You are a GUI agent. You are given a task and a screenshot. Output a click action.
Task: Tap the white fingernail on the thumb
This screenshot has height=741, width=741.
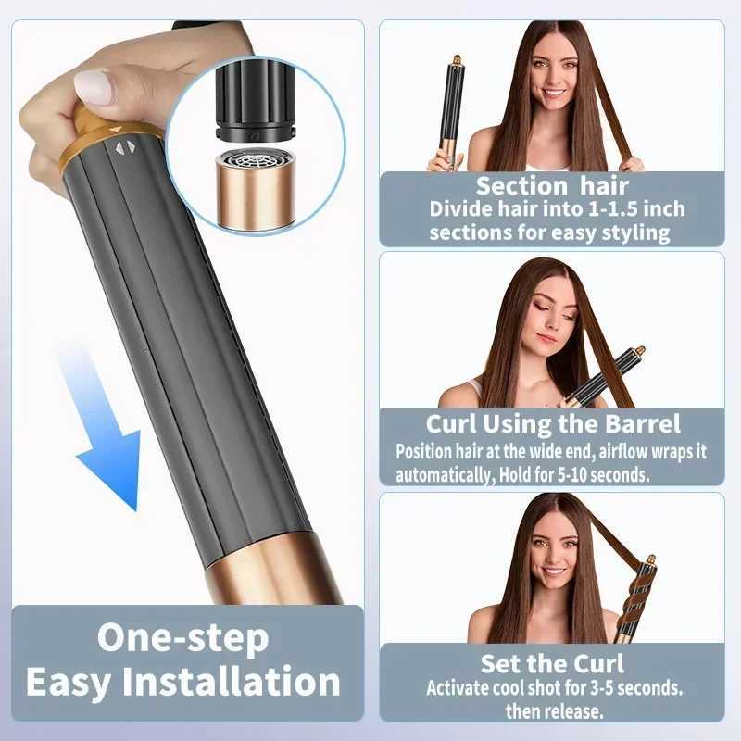click(x=93, y=87)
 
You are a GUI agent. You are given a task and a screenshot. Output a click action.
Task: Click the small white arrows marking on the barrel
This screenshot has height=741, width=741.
click(x=124, y=146)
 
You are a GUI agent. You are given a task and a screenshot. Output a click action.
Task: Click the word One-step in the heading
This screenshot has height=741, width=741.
click(x=182, y=638)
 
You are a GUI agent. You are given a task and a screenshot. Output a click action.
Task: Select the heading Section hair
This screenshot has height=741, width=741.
click(x=552, y=185)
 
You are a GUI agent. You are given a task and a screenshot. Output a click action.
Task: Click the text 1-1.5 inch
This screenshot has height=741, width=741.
click(x=607, y=208)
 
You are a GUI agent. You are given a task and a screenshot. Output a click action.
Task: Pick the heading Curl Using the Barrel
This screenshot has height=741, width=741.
click(x=553, y=425)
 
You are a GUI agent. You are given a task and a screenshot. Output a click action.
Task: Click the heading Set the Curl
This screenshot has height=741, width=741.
click(x=552, y=663)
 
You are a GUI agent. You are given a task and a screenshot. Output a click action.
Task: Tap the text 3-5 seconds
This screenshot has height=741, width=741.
click(x=636, y=688)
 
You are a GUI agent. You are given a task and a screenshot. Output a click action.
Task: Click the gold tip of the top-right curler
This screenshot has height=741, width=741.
click(x=456, y=61)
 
